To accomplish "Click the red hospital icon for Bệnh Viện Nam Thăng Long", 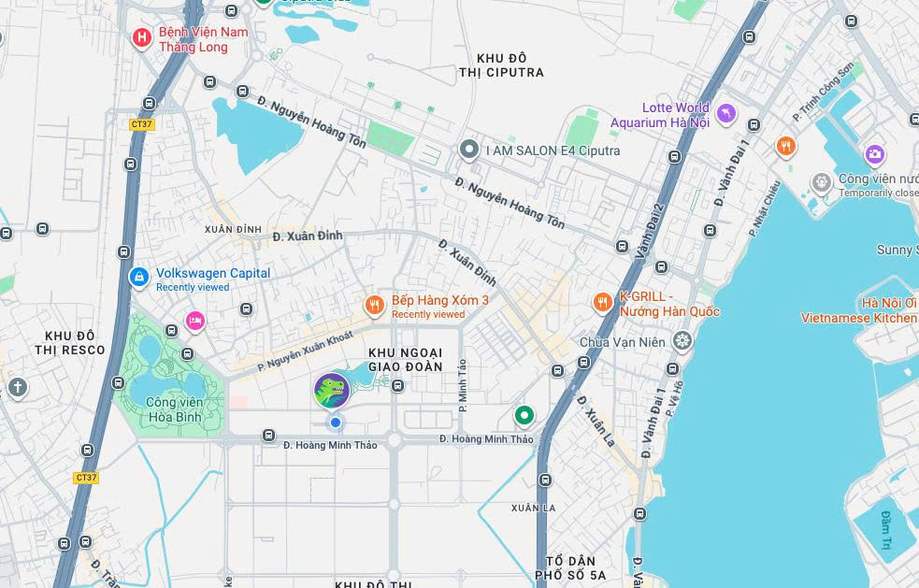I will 141,37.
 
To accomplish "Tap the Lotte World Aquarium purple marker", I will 725,115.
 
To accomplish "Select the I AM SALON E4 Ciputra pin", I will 469,150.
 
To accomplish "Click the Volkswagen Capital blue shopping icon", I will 138,277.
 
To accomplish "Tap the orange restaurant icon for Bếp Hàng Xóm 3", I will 375,305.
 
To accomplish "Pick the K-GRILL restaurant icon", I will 603,302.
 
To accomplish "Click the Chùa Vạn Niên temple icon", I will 682,342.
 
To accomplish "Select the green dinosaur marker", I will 331,391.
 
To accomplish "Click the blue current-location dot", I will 336,423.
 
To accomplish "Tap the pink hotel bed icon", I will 194,321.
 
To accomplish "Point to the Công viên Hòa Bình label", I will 174,409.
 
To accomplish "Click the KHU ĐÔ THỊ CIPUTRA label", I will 501,65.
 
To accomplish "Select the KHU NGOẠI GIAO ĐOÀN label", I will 405,359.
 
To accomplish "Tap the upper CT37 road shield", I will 141,123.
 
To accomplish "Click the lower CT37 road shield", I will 86,477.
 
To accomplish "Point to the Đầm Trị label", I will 884,530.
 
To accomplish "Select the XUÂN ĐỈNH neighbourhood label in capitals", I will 233,229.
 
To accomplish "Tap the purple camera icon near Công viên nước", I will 874,154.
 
